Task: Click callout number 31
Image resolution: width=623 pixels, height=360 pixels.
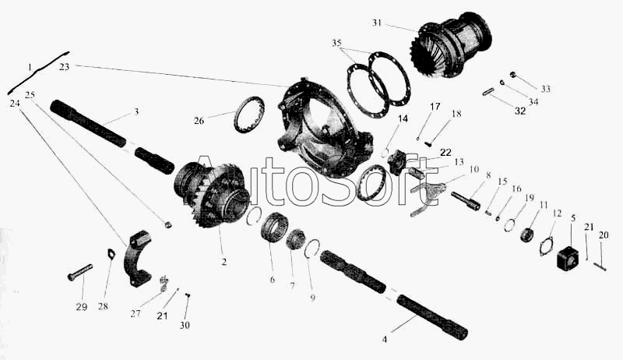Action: click(377, 23)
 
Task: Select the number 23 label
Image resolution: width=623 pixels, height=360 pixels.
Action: click(64, 67)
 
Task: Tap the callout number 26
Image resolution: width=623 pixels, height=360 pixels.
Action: click(199, 120)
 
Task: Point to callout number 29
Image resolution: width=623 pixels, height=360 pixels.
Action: click(82, 307)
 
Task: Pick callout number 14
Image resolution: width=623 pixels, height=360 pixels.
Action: click(403, 118)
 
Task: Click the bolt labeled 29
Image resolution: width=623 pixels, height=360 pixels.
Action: click(80, 272)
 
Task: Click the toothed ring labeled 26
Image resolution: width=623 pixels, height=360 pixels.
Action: click(249, 114)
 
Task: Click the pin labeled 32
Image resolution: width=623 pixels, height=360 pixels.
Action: click(488, 91)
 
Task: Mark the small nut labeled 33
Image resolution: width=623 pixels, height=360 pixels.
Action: click(513, 74)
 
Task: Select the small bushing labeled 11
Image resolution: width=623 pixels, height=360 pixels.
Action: click(527, 234)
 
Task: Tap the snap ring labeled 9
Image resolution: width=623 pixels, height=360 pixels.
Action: click(313, 249)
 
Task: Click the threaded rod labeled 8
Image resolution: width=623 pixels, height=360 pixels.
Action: click(466, 201)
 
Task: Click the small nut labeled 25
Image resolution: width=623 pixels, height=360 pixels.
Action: click(168, 225)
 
